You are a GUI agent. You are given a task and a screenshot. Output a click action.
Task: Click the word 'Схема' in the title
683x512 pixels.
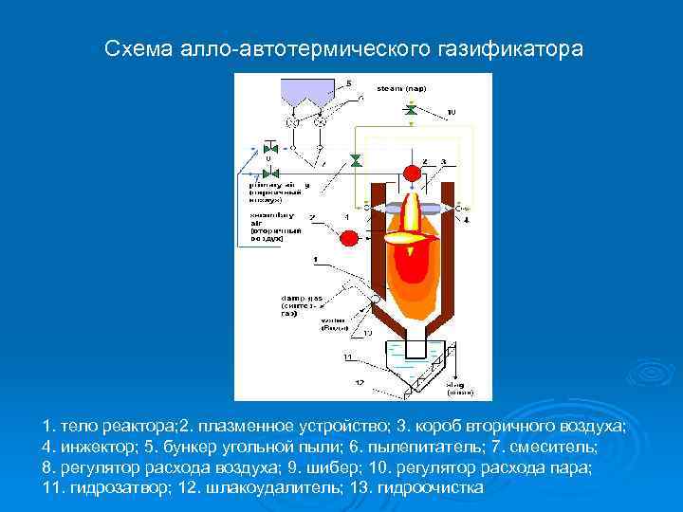(x=133, y=46)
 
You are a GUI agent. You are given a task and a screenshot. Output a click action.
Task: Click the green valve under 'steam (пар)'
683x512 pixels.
(x=411, y=111)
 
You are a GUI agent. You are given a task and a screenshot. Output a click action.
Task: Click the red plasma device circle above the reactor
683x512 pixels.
(x=412, y=173)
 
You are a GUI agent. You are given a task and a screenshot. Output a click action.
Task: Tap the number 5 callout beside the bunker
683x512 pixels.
(x=349, y=83)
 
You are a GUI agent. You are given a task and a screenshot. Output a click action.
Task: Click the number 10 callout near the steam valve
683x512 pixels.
(x=451, y=112)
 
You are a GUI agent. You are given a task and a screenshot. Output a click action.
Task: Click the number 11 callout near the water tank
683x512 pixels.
(x=348, y=357)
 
